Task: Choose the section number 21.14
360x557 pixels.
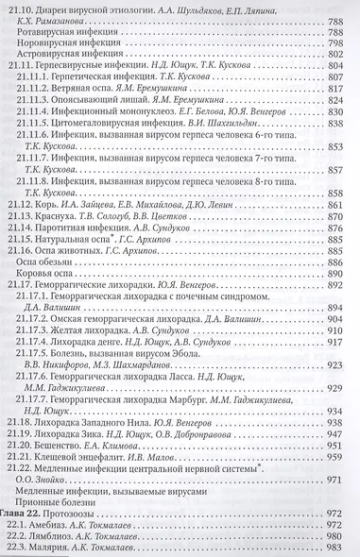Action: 22,243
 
